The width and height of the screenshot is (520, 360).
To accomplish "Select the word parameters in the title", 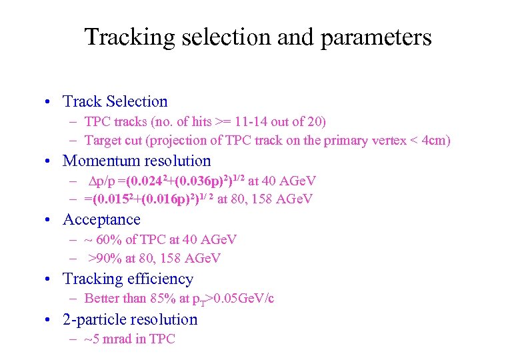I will [x=376, y=37].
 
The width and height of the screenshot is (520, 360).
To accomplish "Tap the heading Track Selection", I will [x=115, y=101].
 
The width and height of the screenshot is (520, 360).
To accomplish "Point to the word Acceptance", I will [x=101, y=219].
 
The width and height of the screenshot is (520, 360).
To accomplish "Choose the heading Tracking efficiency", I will [x=128, y=279].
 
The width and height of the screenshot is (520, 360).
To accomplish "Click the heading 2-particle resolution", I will [x=130, y=319].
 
